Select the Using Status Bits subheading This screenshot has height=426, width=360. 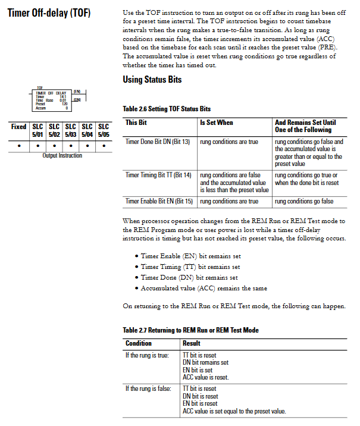[x=152, y=80]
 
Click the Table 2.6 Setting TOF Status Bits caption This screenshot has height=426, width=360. [x=167, y=109]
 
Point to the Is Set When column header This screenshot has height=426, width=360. [x=217, y=123]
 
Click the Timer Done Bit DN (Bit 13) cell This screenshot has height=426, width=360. [x=158, y=142]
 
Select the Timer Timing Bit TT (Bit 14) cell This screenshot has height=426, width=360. [x=158, y=176]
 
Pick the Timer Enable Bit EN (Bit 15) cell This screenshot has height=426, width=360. [x=159, y=202]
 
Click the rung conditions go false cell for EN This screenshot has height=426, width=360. [x=304, y=202]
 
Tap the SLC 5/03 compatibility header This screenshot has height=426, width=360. [x=71, y=130]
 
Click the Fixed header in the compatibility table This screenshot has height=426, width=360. [x=19, y=127]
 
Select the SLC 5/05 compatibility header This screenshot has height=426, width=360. [x=104, y=130]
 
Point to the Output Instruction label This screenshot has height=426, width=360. [x=62, y=156]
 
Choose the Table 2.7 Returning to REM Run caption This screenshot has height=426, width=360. [x=190, y=330]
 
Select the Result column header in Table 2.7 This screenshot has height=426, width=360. [x=192, y=343]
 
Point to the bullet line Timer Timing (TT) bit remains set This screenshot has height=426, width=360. [x=190, y=267]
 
